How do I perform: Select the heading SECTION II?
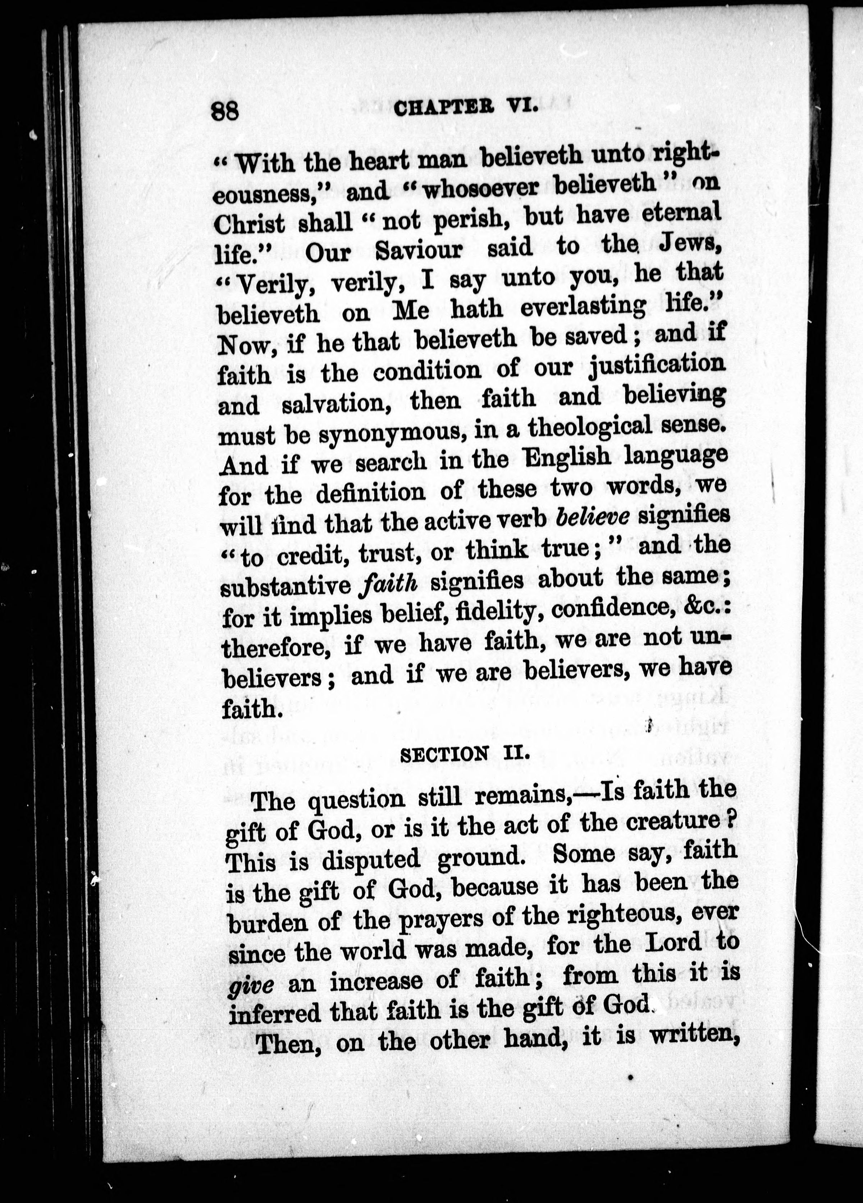465,754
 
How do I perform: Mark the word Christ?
248,224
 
